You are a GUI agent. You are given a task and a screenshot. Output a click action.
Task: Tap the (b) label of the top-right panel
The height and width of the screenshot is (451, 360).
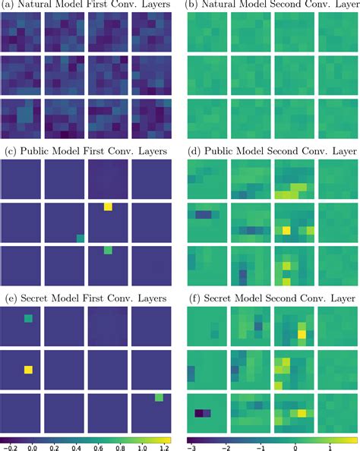[x=192, y=5]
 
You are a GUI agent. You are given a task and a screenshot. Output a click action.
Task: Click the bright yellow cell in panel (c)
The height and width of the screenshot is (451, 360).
[x=109, y=207]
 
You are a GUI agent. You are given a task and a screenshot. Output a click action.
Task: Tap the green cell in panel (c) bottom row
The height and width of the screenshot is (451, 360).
[x=108, y=249]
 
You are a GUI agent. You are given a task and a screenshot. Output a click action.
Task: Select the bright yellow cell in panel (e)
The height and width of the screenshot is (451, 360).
[x=29, y=370]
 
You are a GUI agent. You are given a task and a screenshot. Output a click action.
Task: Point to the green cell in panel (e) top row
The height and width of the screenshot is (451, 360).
[x=29, y=320]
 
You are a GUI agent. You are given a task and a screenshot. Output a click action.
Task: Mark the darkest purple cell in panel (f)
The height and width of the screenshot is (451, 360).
[x=200, y=414]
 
